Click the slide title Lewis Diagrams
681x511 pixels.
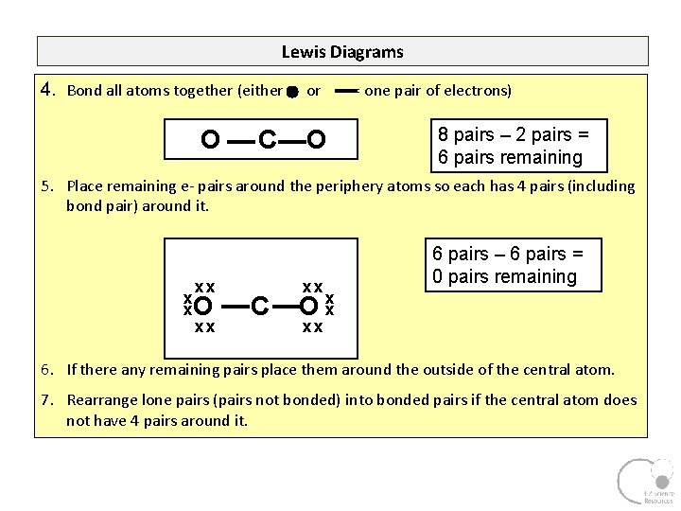tap(342, 52)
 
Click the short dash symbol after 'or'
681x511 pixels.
tap(345, 91)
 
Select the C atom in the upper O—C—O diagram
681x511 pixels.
tap(268, 141)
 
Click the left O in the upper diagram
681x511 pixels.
tap(210, 141)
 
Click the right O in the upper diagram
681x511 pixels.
tap(317, 141)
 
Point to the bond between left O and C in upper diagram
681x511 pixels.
tap(240, 142)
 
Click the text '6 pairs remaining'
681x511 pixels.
tap(510, 157)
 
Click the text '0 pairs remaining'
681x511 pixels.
tap(504, 276)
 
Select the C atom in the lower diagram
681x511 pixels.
tap(262, 306)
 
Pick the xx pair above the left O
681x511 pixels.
tap(204, 287)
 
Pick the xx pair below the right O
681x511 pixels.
tap(312, 326)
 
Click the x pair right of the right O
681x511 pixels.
tap(329, 304)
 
